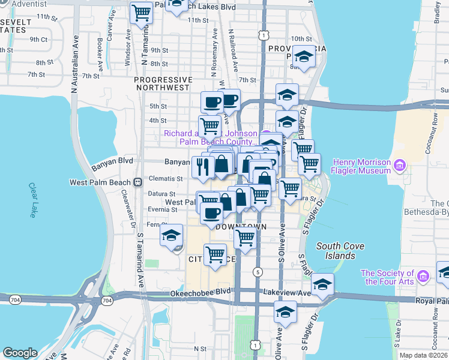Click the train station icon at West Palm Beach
click(138, 182)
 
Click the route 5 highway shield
click(258, 272)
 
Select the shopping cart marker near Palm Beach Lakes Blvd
click(142, 11)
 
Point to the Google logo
click(20, 353)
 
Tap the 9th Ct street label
click(39, 40)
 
